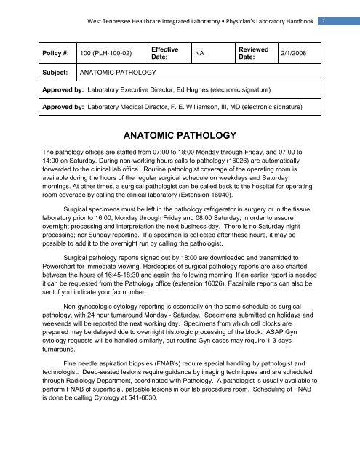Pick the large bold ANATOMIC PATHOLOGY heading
(x=180, y=135)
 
